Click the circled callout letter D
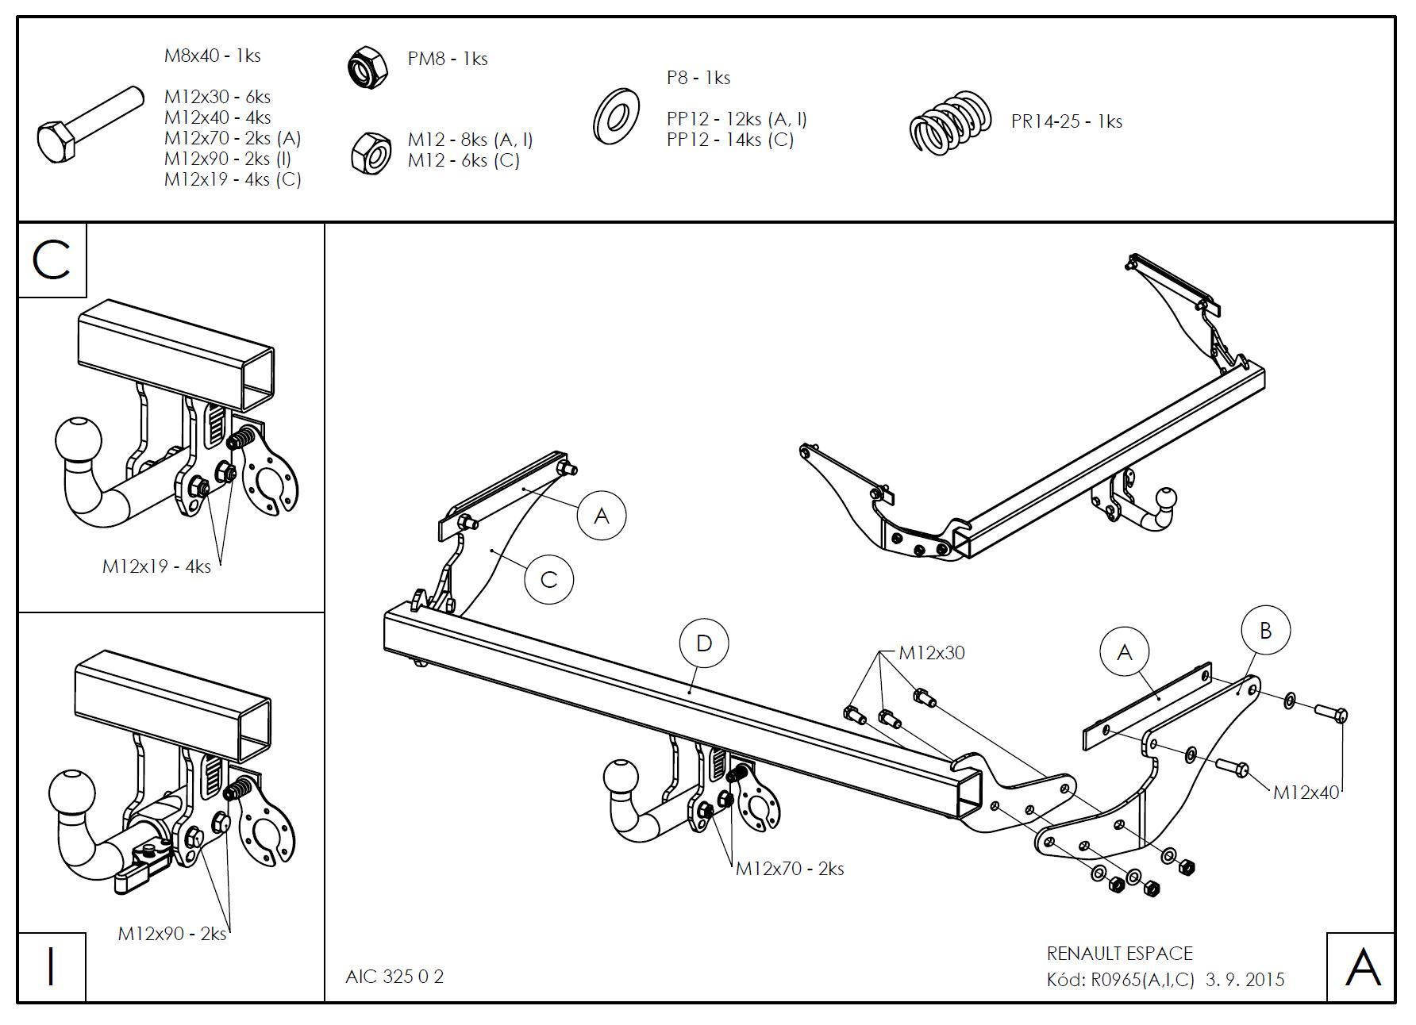[704, 643]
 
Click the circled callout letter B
[1265, 631]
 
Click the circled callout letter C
[548, 579]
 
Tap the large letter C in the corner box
[52, 259]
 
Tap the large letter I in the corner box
[52, 966]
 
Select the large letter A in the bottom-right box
[1362, 967]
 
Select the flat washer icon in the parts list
[616, 117]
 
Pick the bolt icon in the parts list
[89, 125]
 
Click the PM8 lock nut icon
[367, 67]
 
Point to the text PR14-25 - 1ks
[1066, 121]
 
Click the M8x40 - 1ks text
[212, 56]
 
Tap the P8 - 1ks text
[698, 78]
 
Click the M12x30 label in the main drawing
[931, 653]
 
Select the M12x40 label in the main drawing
[1306, 792]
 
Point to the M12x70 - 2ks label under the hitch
[789, 869]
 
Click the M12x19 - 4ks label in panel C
[156, 566]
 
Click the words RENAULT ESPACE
[1119, 954]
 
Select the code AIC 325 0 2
[394, 977]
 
